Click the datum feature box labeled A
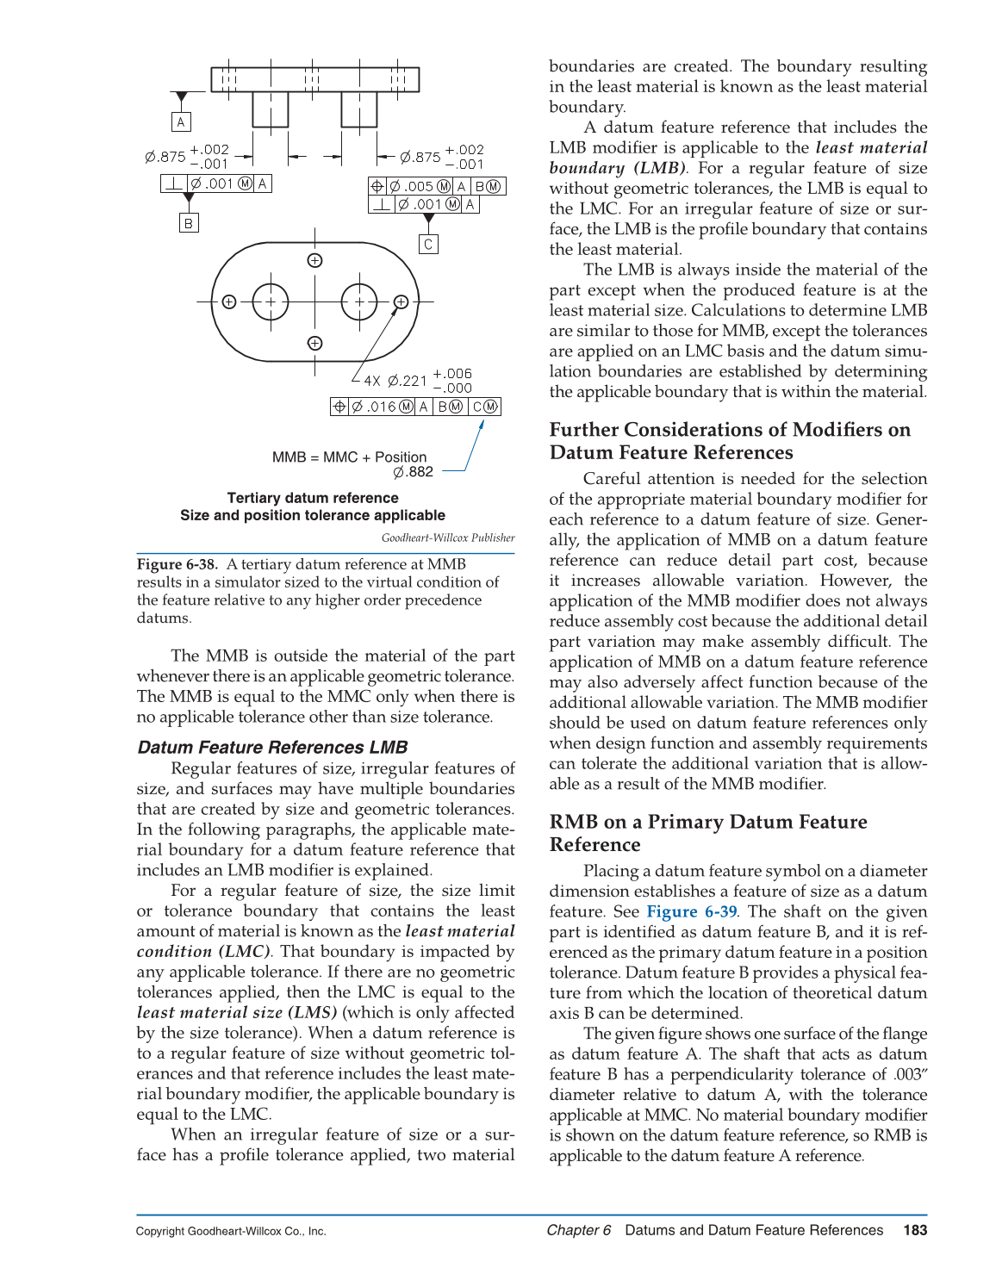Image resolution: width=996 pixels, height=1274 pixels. [181, 122]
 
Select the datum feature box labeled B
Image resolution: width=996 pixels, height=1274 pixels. [189, 223]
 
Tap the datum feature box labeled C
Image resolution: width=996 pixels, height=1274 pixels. [428, 245]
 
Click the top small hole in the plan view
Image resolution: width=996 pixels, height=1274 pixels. [315, 261]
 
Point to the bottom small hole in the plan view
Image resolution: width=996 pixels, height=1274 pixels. [315, 343]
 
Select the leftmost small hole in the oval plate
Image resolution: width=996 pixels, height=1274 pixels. [229, 302]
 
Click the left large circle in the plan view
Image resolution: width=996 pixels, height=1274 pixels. [271, 302]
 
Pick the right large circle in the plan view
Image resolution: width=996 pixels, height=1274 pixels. [359, 302]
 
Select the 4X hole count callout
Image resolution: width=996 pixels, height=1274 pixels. [371, 381]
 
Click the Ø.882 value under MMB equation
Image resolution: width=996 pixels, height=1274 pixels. [414, 472]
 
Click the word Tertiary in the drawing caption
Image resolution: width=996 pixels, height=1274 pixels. [253, 498]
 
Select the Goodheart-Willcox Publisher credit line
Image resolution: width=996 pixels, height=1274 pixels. [448, 538]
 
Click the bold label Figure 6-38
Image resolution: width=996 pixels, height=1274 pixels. [177, 564]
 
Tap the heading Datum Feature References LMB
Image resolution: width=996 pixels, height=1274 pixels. [272, 748]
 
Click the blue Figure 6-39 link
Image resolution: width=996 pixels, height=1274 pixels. [692, 911]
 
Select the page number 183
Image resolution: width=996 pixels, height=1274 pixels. [915, 1230]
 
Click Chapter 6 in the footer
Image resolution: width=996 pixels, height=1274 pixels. [579, 1230]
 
